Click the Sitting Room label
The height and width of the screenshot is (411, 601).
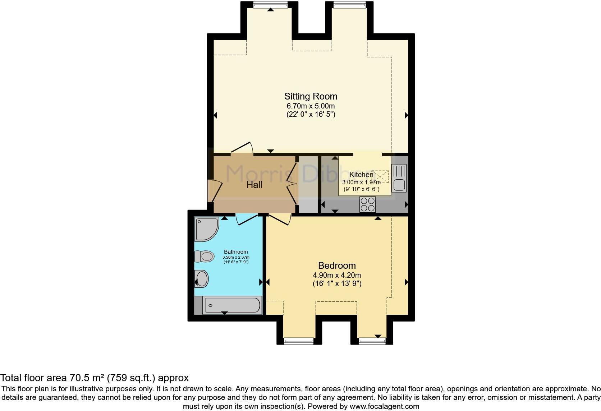click(x=311, y=96)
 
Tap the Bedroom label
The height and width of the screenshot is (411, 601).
click(x=337, y=265)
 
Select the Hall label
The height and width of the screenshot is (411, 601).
click(x=254, y=185)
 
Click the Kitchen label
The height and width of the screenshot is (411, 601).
click(x=361, y=175)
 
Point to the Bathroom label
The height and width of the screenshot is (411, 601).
click(x=236, y=251)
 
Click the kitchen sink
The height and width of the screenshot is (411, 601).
click(x=399, y=178)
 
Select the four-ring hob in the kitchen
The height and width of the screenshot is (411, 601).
click(x=367, y=204)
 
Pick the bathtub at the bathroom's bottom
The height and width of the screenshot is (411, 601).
click(x=232, y=306)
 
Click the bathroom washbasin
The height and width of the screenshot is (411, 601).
click(x=201, y=279)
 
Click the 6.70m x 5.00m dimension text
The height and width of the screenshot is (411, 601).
click(x=311, y=106)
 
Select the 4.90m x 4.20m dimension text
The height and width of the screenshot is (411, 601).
click(x=337, y=275)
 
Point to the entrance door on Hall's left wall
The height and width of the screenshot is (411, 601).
click(x=215, y=190)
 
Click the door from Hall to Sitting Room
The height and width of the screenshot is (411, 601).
click(x=243, y=148)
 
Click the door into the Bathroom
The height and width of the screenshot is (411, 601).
click(x=246, y=218)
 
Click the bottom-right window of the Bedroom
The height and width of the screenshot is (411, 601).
click(x=372, y=341)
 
